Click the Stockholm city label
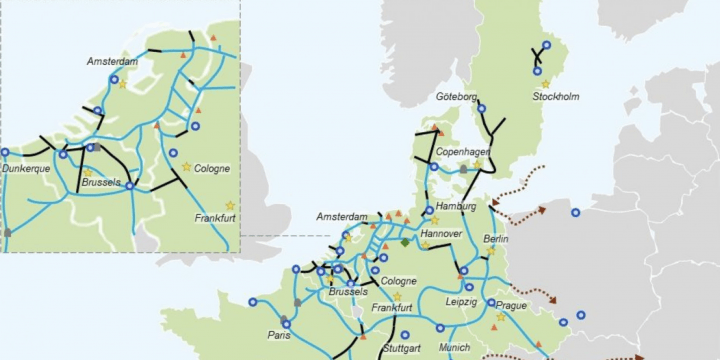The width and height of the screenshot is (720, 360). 555,97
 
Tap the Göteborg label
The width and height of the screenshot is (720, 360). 458,97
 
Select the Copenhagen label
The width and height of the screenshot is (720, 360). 462,152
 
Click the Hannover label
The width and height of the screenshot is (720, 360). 441,233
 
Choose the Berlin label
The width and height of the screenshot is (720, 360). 496,240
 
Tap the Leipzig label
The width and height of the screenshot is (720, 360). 463,301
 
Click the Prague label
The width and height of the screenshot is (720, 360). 511,305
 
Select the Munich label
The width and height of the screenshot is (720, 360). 454,347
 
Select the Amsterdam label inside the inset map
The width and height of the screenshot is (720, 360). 112,62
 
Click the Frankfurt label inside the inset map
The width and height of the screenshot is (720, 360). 215,217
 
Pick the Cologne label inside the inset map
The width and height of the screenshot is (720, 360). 211,169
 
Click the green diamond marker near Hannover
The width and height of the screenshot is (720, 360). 405,242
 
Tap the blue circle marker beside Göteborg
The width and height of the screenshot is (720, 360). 481,108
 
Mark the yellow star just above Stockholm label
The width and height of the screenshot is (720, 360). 545,84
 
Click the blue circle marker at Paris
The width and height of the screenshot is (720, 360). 285,323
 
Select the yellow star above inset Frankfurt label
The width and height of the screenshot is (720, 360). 230,205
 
